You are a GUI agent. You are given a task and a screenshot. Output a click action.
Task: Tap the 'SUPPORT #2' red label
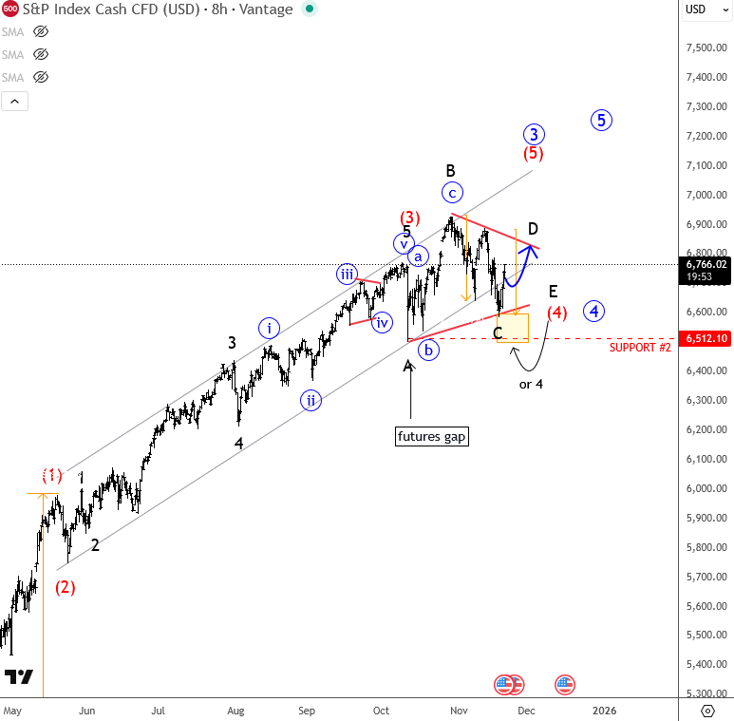click(640, 349)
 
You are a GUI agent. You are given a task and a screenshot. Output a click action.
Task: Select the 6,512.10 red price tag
click(706, 339)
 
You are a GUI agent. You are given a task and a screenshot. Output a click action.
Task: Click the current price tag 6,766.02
click(706, 264)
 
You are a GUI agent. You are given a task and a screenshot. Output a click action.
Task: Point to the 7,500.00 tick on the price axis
click(706, 47)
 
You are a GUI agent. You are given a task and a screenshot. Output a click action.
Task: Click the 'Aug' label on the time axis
click(236, 710)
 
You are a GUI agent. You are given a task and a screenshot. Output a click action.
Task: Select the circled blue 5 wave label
click(601, 120)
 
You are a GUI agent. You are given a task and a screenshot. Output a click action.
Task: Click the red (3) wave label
click(409, 218)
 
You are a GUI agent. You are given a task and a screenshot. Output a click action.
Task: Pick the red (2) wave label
click(66, 586)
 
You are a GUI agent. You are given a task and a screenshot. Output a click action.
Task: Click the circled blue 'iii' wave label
click(347, 275)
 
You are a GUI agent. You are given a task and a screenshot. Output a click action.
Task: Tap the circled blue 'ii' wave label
click(311, 400)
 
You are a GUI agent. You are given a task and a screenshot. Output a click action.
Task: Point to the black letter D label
click(534, 229)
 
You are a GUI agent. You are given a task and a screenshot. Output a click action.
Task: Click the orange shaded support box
click(513, 328)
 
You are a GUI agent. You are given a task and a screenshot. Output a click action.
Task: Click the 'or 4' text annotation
click(532, 384)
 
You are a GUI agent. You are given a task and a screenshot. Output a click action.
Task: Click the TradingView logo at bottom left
click(19, 676)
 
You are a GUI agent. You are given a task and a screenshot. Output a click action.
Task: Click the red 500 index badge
click(10, 9)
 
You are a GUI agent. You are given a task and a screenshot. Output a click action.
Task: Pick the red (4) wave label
click(556, 312)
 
